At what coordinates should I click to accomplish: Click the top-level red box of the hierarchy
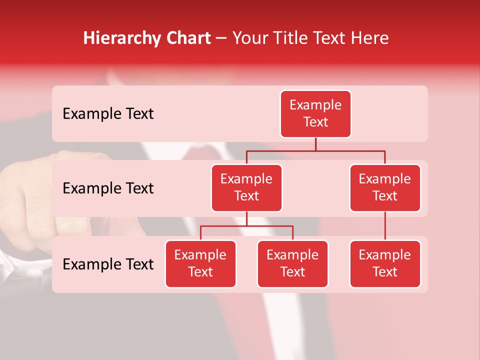click(315, 114)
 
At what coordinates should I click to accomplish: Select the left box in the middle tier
click(246, 188)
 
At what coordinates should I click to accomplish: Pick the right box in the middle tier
click(385, 188)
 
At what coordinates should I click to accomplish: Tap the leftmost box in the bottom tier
click(200, 264)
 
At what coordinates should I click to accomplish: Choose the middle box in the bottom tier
click(292, 264)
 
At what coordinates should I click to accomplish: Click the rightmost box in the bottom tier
click(385, 264)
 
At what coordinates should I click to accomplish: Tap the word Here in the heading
click(369, 38)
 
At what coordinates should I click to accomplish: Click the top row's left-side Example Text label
click(108, 114)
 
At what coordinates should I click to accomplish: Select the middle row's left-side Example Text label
click(108, 188)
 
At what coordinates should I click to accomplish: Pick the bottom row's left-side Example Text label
click(108, 264)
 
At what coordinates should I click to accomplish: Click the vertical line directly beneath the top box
click(315, 144)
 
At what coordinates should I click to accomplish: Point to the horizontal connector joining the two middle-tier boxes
click(315, 150)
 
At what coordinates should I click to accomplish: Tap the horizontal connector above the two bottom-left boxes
click(246, 226)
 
